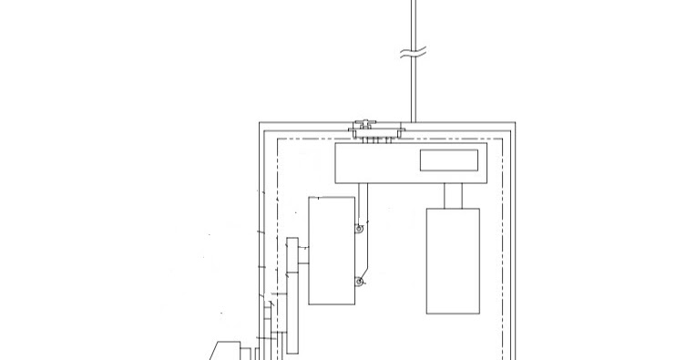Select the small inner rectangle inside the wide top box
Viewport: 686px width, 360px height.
448,160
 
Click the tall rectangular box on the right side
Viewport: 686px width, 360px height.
452,261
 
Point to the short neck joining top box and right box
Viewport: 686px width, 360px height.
452,195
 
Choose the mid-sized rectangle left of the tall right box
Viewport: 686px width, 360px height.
332,250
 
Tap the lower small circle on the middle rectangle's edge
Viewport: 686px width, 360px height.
360,282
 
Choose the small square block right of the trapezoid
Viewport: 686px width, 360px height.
246,351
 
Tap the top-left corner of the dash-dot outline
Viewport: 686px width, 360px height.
276,139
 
